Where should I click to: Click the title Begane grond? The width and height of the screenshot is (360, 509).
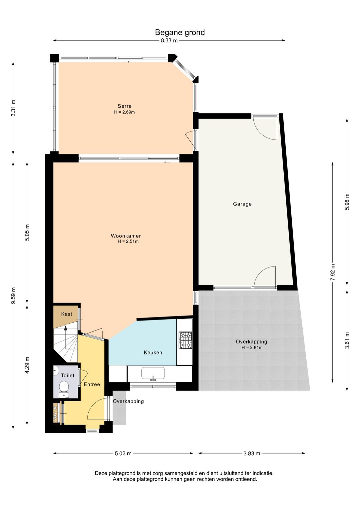pyautogui.click(x=180, y=32)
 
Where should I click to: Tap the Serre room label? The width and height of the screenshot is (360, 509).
pyautogui.click(x=124, y=106)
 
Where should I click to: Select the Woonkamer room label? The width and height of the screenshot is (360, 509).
pyautogui.click(x=126, y=236)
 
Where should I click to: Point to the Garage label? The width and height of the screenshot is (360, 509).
pyautogui.click(x=242, y=204)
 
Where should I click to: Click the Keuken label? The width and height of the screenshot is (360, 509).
pyautogui.click(x=153, y=353)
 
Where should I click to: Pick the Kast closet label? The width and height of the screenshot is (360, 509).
pyautogui.click(x=67, y=314)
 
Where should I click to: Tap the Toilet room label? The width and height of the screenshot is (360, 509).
pyautogui.click(x=67, y=375)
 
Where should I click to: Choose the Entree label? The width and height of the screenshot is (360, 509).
pyautogui.click(x=92, y=384)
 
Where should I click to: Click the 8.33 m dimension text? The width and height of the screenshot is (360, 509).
pyautogui.click(x=169, y=41)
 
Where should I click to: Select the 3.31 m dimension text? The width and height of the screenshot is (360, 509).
pyautogui.click(x=13, y=108)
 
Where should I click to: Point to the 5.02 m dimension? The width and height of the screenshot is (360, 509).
pyautogui.click(x=123, y=453)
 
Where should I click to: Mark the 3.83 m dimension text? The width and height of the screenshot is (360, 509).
pyautogui.click(x=252, y=453)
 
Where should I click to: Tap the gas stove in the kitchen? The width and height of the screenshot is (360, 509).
pyautogui.click(x=185, y=340)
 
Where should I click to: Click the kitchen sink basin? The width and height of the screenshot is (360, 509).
pyautogui.click(x=153, y=373)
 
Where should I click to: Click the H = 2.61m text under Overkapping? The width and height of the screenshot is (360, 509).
pyautogui.click(x=252, y=348)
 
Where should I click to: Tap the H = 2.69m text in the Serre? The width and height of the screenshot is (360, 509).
pyautogui.click(x=124, y=112)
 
